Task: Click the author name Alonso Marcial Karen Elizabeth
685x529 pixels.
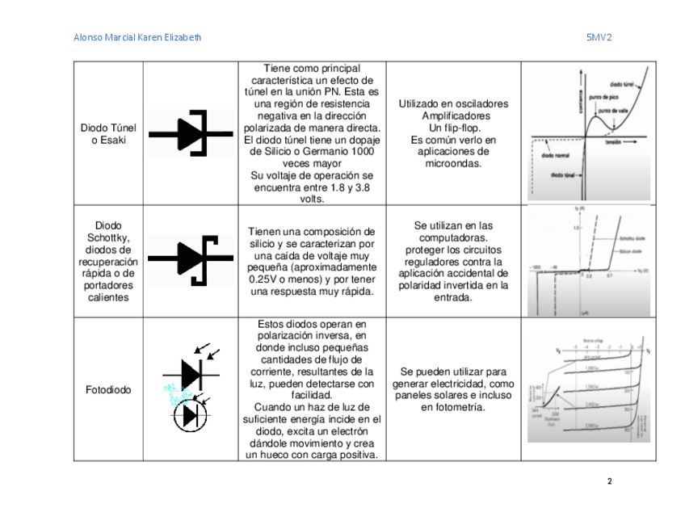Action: (x=137, y=37)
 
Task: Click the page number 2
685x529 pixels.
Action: (x=609, y=481)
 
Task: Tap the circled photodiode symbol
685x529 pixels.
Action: (x=191, y=415)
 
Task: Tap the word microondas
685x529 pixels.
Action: (x=453, y=162)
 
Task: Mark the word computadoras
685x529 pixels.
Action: (x=453, y=239)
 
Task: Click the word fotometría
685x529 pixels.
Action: (x=461, y=407)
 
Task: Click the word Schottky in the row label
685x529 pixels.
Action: (x=108, y=238)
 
